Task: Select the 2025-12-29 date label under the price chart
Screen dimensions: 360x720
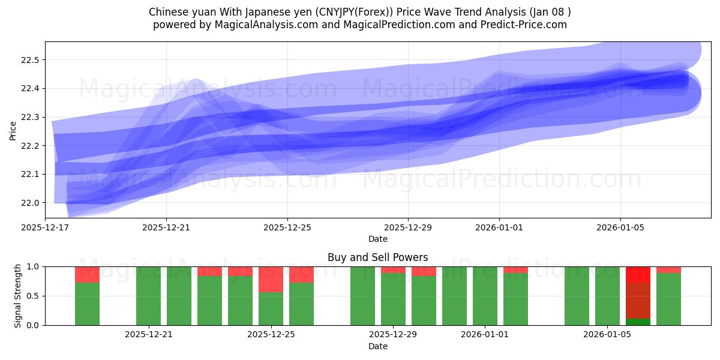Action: (x=408, y=228)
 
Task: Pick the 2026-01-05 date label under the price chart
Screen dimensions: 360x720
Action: (x=620, y=228)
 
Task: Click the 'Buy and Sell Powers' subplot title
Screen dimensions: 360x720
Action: (x=378, y=257)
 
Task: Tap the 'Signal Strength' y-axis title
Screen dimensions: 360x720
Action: (x=18, y=296)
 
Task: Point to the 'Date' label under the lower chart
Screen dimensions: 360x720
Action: (x=378, y=346)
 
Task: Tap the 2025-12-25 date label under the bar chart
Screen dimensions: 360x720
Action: (x=271, y=335)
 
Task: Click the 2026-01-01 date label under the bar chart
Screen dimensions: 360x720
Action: (x=484, y=335)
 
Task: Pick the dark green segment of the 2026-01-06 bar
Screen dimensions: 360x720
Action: (x=638, y=322)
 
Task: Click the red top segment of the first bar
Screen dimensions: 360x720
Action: (x=87, y=274)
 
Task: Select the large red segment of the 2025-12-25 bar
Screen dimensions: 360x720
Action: (x=271, y=279)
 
